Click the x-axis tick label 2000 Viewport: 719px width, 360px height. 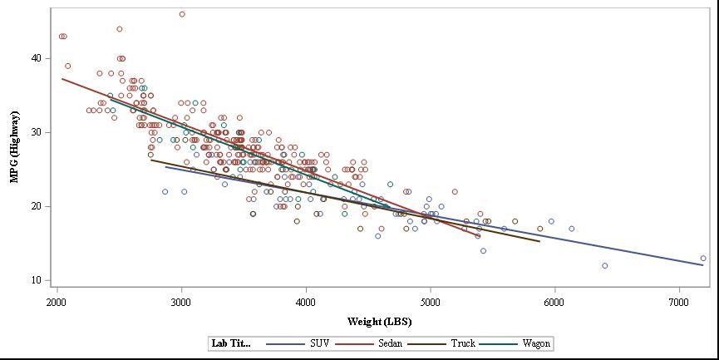(57, 301)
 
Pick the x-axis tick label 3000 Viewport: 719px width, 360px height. (181, 301)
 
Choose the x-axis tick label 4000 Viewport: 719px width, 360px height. (306, 301)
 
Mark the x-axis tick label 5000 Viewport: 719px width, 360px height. (431, 301)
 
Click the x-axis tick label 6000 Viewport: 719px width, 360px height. (554, 301)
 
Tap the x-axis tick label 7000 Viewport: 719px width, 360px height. (679, 301)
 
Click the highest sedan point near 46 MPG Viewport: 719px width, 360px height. (182, 14)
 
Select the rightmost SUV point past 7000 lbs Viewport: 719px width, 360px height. (703, 259)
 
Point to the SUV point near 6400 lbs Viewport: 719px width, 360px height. (604, 266)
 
